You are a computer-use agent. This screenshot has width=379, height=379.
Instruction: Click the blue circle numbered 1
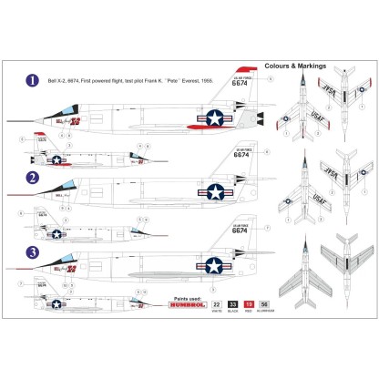tap(32, 80)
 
